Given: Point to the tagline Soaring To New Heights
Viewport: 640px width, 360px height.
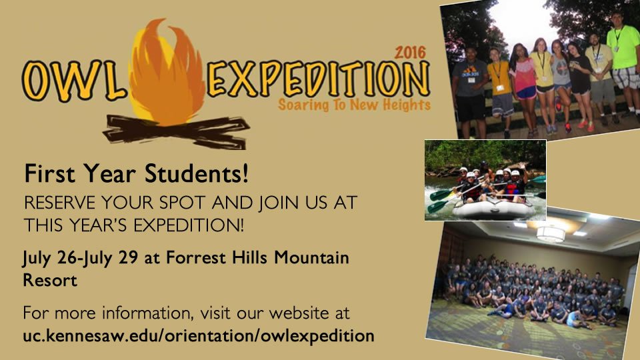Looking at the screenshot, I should point(354,105).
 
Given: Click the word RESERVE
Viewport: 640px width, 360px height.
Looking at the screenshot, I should point(57,201).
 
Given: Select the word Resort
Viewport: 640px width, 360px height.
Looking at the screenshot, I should point(50,280).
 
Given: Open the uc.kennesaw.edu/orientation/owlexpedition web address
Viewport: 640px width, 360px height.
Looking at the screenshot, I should point(198,335).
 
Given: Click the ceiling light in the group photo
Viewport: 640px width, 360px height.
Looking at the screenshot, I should point(551,232).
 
